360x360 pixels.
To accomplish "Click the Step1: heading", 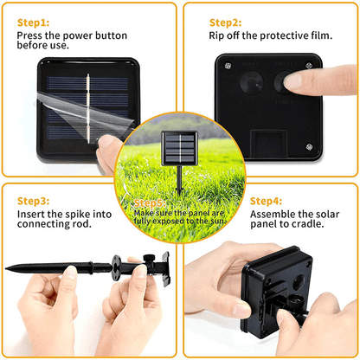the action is tap(33, 22).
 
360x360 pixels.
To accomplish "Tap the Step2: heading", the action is tap(225, 22).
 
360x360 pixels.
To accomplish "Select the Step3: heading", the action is tap(33, 201).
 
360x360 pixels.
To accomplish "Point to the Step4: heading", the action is tap(266, 201).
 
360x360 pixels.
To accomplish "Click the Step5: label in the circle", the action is tap(150, 203).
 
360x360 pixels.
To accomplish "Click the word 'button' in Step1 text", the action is tap(111, 35).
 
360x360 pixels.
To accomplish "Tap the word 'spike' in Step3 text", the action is tap(79, 215).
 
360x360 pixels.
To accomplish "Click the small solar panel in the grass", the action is tap(179, 148).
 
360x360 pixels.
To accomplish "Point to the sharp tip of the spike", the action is tap(6, 268).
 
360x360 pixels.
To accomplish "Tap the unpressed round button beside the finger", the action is tap(252, 82).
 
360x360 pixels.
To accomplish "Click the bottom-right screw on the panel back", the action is tap(309, 147).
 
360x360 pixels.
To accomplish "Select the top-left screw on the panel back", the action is tap(228, 66).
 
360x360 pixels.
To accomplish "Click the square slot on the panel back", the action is tap(268, 144).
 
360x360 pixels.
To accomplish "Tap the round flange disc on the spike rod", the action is tap(116, 267).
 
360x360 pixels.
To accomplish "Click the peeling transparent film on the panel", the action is tap(84, 111).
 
